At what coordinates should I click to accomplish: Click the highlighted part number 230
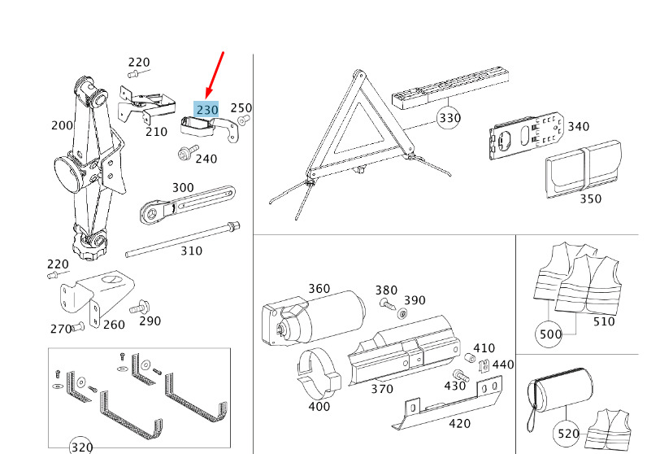[x=206, y=109]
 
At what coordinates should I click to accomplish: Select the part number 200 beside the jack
[x=62, y=125]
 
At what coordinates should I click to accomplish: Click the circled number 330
[x=449, y=118]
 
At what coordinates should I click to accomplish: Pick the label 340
[x=578, y=126]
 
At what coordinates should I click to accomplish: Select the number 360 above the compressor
[x=319, y=289]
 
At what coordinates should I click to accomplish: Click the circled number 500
[x=549, y=334]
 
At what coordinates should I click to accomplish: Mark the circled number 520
[x=567, y=434]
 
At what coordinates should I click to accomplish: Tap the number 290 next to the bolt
[x=150, y=321]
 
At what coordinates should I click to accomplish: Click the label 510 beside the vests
[x=605, y=321]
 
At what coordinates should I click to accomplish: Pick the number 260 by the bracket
[x=114, y=325]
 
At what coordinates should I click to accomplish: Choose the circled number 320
[x=80, y=447]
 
